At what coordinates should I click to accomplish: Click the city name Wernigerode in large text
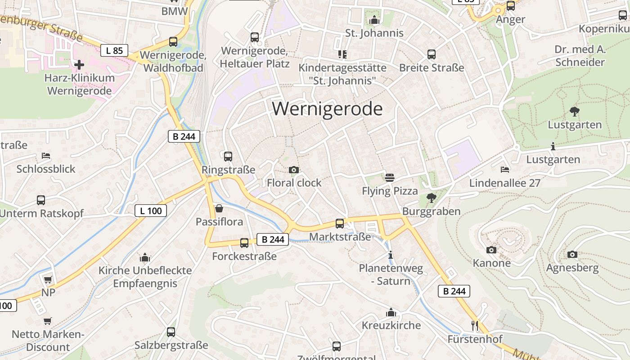coord(327,109)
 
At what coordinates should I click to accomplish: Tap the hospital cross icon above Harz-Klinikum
coord(79,65)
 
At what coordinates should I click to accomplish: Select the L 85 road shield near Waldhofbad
coord(114,50)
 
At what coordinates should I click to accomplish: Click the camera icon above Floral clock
coord(294,170)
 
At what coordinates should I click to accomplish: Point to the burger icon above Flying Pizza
coord(390,177)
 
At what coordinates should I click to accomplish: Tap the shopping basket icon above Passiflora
coord(219,208)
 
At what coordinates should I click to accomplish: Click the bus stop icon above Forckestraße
coord(244,243)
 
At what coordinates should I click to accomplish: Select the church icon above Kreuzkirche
coord(391,312)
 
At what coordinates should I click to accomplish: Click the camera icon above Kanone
coord(491,250)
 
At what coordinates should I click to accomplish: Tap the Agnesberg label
coord(572,268)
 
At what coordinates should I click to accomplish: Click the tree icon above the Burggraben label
coord(431,198)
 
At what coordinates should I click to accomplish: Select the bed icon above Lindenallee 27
coord(505,170)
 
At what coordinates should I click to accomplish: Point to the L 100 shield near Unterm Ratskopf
coord(151,211)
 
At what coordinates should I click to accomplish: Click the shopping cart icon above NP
coord(48,279)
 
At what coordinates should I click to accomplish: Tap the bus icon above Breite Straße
coord(432,54)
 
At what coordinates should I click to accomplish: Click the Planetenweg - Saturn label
coord(391,275)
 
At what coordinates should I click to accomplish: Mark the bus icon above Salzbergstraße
coord(171,332)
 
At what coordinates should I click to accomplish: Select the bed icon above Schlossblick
coord(46,156)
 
